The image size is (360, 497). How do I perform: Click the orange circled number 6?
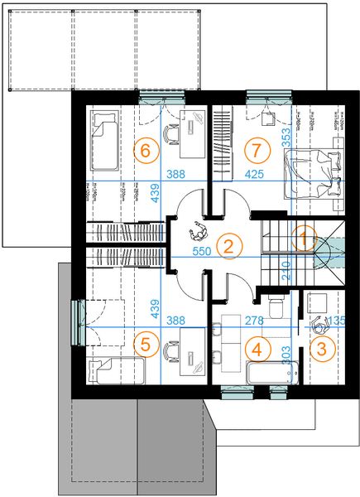pos(146,151)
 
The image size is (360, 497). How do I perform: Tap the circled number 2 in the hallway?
pos(229,244)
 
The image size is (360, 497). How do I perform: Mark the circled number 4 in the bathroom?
pos(257,349)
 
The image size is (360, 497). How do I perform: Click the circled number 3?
pos(323,349)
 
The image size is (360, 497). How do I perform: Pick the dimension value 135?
pos(336,321)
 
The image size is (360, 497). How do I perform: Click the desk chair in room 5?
pos(171,350)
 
